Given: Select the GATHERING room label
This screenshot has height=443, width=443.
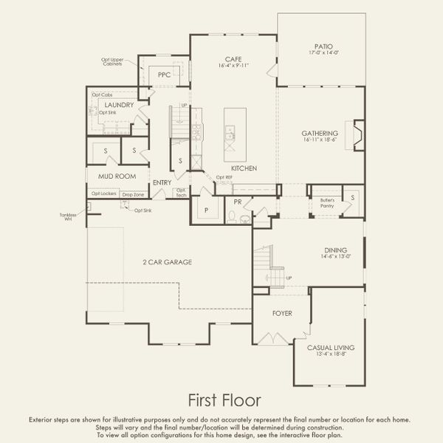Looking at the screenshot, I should tap(320, 134).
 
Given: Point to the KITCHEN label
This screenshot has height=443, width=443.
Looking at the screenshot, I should tap(243, 169).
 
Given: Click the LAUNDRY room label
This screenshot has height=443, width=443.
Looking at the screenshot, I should tap(119, 106).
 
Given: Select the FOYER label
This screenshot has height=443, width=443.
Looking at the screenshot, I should tap(281, 313).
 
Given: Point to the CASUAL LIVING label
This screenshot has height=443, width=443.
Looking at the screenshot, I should tap(330, 347).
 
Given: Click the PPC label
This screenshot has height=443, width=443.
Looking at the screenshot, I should tap(164, 75).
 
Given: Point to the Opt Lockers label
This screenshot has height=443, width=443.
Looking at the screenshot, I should tap(104, 193).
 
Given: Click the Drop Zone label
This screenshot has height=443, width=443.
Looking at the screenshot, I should tap(134, 193).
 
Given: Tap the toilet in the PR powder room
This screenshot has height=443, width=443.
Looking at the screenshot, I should tap(231, 216).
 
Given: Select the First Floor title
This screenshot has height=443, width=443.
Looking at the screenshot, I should tap(221, 400).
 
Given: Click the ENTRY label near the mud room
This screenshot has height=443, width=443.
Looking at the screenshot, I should tap(162, 182).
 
